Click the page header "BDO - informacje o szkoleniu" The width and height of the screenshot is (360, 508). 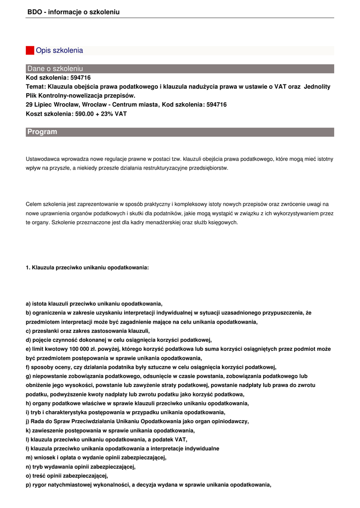pos(73,11)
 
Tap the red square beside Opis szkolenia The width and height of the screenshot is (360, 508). pos(30,50)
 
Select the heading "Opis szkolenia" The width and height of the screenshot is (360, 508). pos(60,51)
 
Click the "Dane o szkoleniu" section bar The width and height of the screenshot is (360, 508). pos(55,68)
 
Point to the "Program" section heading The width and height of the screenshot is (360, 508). pos(42,132)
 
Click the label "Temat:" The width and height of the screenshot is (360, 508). pos(36,86)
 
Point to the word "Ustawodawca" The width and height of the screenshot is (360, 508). pos(42,159)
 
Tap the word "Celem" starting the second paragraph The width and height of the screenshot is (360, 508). pos(34,204)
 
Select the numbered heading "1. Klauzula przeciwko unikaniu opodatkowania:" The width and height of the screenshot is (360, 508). pos(87,267)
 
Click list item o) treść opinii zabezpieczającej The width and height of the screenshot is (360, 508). pos(67,475)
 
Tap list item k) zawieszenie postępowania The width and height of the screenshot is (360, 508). pos(110,430)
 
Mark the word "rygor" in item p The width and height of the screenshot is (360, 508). pos(39,484)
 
